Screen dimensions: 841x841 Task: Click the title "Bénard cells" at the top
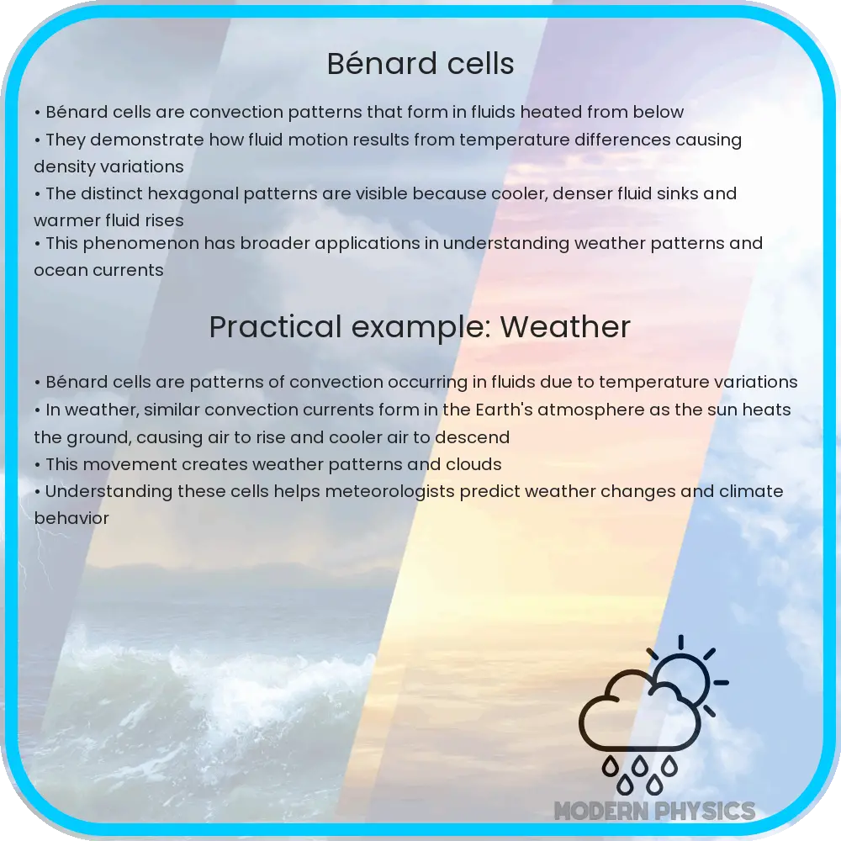(420, 64)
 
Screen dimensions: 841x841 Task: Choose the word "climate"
(751, 491)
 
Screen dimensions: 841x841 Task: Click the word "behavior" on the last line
(71, 518)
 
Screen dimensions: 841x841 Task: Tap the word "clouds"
(473, 464)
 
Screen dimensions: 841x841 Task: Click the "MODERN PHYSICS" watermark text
(654, 812)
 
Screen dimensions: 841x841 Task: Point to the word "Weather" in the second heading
(565, 327)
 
